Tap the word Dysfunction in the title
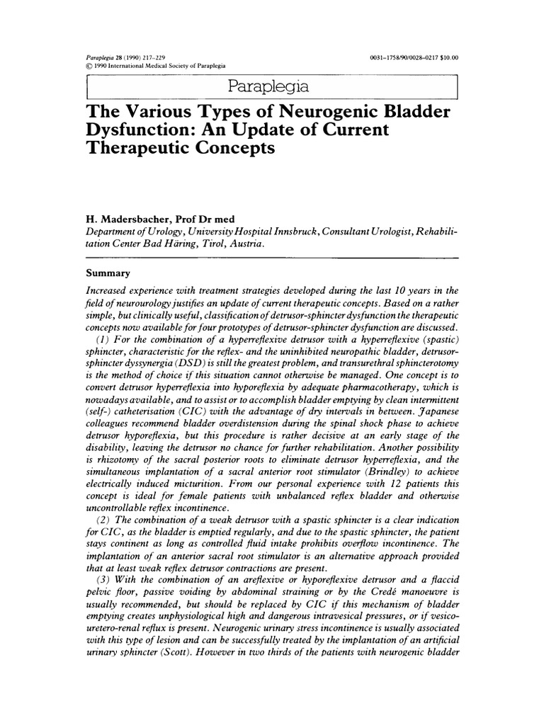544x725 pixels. [x=140, y=132]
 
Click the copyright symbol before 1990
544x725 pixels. [x=89, y=65]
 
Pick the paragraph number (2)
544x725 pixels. [x=102, y=520]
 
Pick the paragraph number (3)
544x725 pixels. [x=102, y=583]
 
